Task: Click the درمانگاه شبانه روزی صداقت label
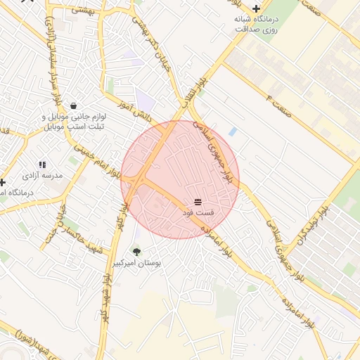click(256, 24)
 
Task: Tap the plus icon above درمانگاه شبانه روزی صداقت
click(256, 8)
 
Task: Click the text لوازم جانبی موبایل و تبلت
click(75, 121)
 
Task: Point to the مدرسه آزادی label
click(42, 174)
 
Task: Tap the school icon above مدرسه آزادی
click(42, 164)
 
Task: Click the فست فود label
click(198, 212)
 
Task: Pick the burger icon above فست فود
click(198, 201)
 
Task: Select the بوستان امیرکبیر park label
click(137, 262)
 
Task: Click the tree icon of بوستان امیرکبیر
click(136, 251)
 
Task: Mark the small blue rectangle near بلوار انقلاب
click(232, 131)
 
